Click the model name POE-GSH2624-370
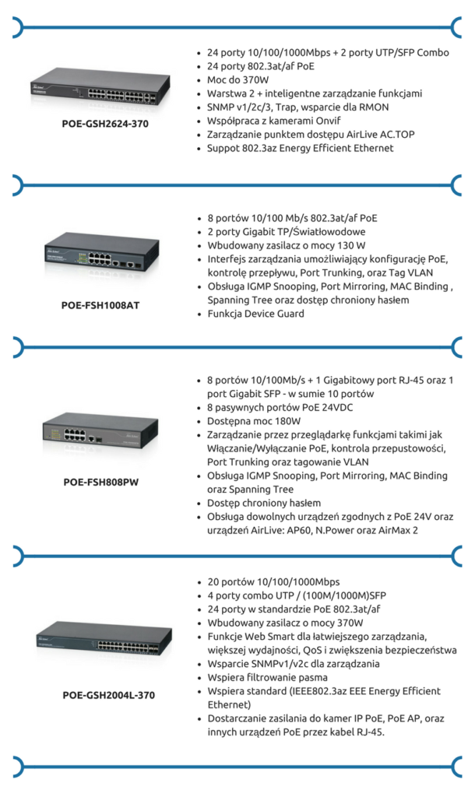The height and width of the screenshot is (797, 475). point(105,123)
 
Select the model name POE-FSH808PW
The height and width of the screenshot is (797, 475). point(101,482)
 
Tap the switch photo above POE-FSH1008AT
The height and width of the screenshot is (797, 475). point(100,257)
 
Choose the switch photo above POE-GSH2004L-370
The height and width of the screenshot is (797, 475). point(100,639)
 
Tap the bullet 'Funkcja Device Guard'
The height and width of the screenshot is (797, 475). point(255,314)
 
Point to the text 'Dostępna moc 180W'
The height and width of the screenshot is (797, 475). point(254,421)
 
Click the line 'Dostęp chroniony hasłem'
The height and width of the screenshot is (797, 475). point(263,503)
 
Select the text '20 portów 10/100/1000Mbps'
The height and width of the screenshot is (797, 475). point(273,582)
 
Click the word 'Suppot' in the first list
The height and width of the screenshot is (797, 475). point(223,148)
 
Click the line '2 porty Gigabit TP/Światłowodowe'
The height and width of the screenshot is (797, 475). point(287,232)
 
